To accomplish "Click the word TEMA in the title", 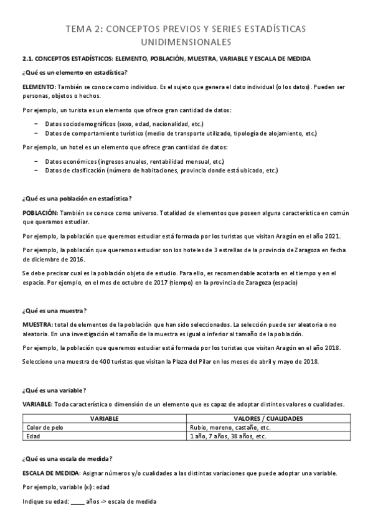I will point(78,29).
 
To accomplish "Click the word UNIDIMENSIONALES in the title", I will point(186,42).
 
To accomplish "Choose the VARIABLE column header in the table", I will point(105,419).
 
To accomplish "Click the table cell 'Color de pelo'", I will point(45,428).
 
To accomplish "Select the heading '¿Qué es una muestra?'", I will point(54,311).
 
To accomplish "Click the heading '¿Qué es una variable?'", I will point(54,390).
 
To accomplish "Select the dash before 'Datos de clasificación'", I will point(36,170).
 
